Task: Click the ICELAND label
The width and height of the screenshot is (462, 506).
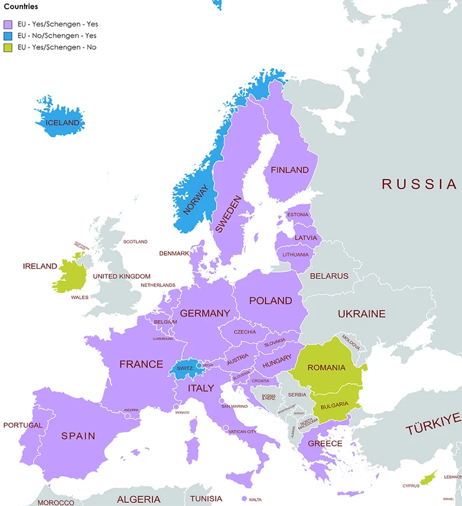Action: [x=62, y=123]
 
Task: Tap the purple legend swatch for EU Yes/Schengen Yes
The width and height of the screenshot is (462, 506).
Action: [x=8, y=25]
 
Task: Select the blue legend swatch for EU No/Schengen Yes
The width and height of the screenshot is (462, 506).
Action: [x=8, y=36]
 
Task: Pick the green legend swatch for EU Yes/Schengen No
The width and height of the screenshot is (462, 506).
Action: [x=8, y=47]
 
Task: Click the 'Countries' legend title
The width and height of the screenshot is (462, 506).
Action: [x=21, y=7]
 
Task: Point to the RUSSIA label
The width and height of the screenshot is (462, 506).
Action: [x=419, y=184]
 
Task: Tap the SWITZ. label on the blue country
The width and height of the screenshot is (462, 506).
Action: [x=185, y=368]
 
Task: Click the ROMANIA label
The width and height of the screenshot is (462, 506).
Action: [x=326, y=367]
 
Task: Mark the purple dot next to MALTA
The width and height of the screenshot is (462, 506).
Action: [x=244, y=498]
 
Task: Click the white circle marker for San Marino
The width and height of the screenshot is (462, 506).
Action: [x=221, y=401]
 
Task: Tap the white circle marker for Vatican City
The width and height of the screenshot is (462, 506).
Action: [x=226, y=428]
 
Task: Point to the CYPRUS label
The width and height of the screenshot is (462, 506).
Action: [x=411, y=486]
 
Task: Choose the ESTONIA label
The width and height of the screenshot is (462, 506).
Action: [x=297, y=215]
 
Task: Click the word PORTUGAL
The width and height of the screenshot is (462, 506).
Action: [x=23, y=425]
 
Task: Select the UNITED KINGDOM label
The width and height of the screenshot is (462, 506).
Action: [x=121, y=277]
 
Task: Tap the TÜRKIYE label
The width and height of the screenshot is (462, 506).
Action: [x=433, y=425]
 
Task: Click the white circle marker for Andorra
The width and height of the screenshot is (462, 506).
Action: [x=128, y=415]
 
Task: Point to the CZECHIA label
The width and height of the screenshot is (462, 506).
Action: [x=245, y=332]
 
